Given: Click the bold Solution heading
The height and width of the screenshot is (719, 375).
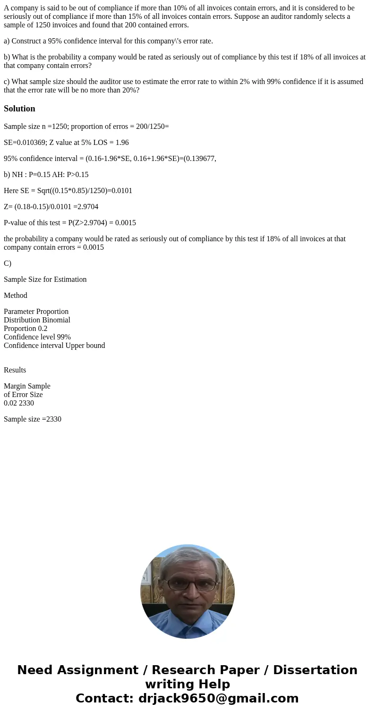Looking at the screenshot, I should (x=19, y=109).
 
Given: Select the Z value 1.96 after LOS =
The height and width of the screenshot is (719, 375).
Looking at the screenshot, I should (x=121, y=143).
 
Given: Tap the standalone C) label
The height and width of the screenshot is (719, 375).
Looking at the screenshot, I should (x=8, y=263).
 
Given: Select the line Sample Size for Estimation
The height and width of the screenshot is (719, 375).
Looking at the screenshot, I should (x=45, y=279).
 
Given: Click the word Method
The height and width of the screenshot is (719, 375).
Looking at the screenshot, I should (x=16, y=296).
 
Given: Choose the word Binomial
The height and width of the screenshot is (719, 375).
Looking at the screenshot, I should (x=54, y=320).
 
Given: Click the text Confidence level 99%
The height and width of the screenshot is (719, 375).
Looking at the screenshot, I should (x=37, y=337).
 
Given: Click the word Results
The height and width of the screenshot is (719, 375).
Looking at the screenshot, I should (x=15, y=370).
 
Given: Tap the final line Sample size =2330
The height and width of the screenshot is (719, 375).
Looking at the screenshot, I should (x=33, y=419).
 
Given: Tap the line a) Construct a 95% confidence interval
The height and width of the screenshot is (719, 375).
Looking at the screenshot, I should (x=108, y=41).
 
